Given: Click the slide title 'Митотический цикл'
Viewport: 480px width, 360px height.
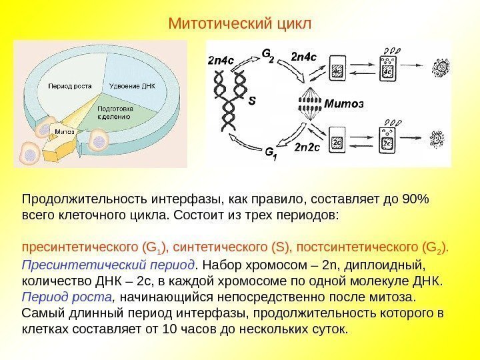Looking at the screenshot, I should [x=239, y=24].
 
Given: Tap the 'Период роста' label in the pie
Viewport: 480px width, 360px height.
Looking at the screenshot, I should [x=69, y=86].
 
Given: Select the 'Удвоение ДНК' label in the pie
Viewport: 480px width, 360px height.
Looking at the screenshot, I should [x=132, y=86].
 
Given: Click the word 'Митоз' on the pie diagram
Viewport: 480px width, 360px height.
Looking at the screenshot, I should [x=65, y=131].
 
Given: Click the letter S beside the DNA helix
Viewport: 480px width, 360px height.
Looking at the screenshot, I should [x=251, y=103].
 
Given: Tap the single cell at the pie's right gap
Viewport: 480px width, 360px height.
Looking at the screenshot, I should [x=99, y=140].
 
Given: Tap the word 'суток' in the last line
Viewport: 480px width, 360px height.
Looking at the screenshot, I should [x=330, y=329].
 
